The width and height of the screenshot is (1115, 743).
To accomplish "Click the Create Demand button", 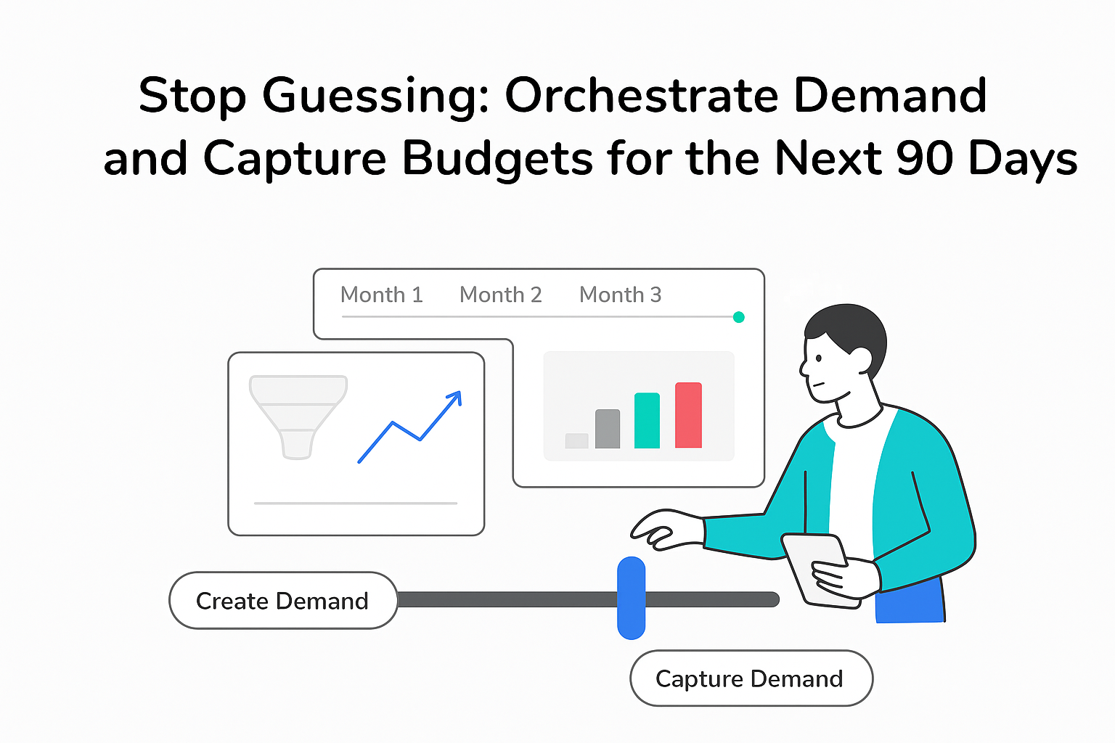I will click(283, 600).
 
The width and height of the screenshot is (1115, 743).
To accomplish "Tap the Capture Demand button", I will click(751, 678).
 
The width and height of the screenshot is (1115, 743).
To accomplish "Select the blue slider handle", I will click(631, 598).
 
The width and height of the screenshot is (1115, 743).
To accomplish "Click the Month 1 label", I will click(381, 295).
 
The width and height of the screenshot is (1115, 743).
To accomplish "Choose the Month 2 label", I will click(500, 295).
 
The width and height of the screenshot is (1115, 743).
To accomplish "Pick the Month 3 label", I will click(620, 295).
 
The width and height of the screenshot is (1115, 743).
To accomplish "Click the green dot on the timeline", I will click(738, 317).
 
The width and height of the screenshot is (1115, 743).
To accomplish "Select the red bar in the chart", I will click(688, 415).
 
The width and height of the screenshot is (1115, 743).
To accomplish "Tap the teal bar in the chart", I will click(647, 421).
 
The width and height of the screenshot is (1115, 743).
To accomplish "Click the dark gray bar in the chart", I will click(608, 429).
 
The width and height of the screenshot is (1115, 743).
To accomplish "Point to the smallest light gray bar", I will click(576, 440).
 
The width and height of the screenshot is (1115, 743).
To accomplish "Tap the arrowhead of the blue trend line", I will click(455, 397).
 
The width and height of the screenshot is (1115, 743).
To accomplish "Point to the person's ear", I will click(860, 359).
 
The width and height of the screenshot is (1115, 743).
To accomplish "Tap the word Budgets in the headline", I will click(497, 158).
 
